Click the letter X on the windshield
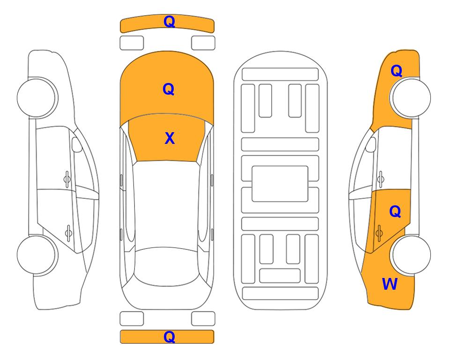(170, 138)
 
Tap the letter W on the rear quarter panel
(390, 284)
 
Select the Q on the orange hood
(169, 89)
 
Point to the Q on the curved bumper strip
(169, 21)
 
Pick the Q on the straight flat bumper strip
(169, 337)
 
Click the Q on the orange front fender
(396, 71)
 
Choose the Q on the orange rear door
(395, 211)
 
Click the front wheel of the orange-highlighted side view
(411, 97)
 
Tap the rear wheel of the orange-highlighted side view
(411, 255)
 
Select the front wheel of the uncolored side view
(37, 97)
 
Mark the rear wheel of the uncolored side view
(37, 255)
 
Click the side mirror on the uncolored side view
(76, 144)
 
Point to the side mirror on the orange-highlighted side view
(371, 144)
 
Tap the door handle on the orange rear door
(379, 233)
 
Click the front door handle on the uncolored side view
(67, 179)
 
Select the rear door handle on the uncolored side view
(68, 233)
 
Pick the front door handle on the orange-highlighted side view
(380, 179)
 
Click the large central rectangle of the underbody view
(280, 184)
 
